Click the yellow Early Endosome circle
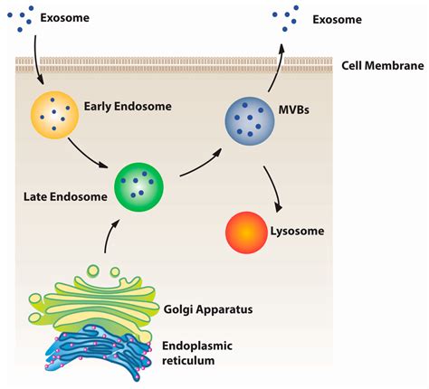pyautogui.click(x=55, y=115)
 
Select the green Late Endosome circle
pyautogui.click(x=138, y=185)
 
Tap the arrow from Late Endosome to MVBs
pyautogui.click(x=199, y=163)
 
